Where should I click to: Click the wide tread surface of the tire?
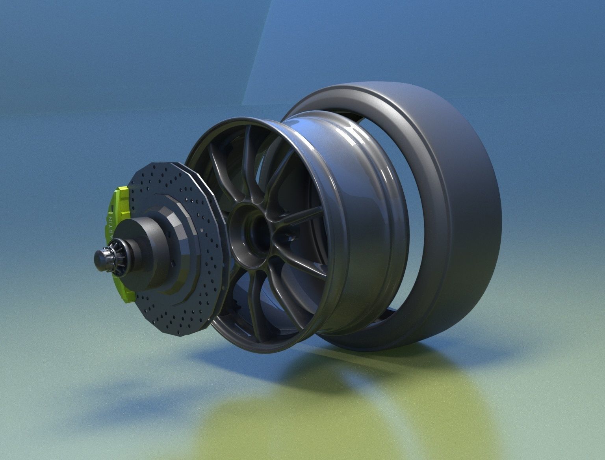pos(473,217)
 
